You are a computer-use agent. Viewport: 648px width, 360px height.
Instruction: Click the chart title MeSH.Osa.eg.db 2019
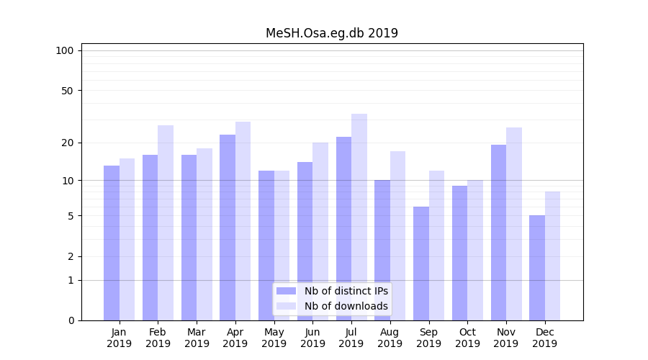(331, 33)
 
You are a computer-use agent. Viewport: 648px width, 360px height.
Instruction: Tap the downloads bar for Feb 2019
(166, 222)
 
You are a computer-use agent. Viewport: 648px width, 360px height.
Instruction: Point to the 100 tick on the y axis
(65, 50)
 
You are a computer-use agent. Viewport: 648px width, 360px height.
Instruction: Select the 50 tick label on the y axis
(67, 91)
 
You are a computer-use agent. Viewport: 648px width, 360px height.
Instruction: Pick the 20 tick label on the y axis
(67, 143)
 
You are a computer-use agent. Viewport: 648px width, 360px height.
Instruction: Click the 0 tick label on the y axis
(71, 320)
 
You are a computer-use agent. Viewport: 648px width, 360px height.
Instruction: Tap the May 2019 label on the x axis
(274, 338)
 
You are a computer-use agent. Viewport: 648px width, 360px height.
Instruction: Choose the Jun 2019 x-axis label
(312, 338)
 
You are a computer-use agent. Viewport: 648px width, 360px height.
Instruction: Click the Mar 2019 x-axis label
(197, 338)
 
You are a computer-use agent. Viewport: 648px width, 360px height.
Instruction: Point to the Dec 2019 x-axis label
(544, 338)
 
